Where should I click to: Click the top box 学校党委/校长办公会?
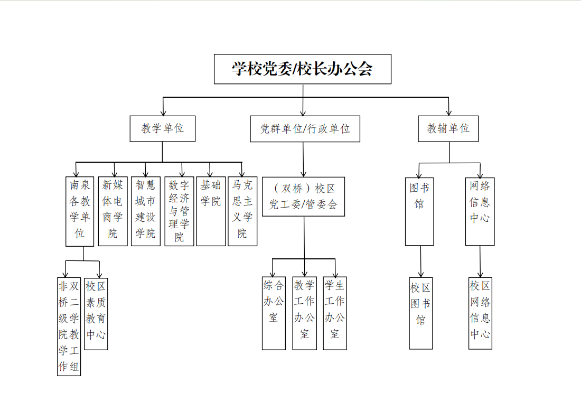point(302,69)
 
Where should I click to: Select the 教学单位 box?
point(162,128)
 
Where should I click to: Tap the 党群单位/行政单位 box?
point(305,128)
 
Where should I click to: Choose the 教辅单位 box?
point(448,128)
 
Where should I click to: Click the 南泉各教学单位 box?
point(80,211)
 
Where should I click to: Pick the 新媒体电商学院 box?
point(113,211)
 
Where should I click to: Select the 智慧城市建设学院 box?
point(146,211)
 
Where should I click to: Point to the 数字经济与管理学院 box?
point(179,211)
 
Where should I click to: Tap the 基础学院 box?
point(211,211)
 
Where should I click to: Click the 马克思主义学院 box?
point(242,211)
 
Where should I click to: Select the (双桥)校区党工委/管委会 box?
point(304,197)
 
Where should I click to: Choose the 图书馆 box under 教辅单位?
point(419,212)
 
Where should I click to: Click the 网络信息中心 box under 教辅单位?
point(480,212)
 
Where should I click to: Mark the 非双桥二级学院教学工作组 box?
point(69,326)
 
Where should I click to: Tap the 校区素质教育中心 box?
point(96,314)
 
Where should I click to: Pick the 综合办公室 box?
point(274,313)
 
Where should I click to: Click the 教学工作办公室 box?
point(304,313)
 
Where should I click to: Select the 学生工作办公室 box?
point(334,313)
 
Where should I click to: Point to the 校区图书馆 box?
point(420,313)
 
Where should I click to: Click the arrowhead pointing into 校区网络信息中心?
point(480,275)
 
